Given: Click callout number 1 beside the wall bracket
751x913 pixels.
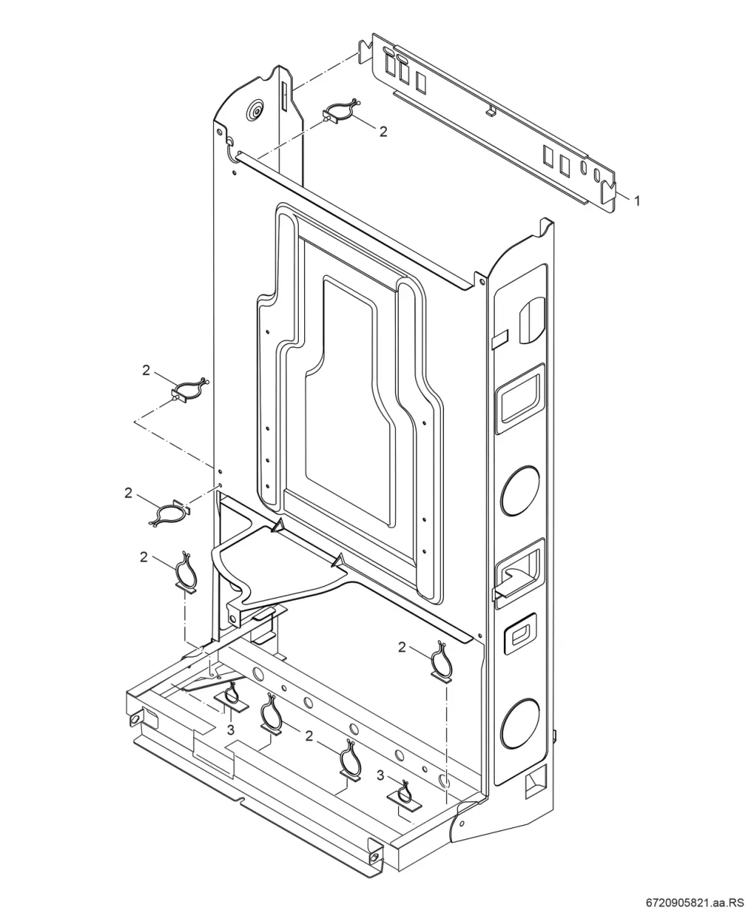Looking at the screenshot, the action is pos(636,201).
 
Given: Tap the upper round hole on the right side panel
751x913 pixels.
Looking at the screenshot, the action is pos(520,490).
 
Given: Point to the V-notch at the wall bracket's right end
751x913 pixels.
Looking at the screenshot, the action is pos(608,189).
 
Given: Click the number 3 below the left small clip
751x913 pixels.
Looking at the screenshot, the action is pos(231,730).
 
